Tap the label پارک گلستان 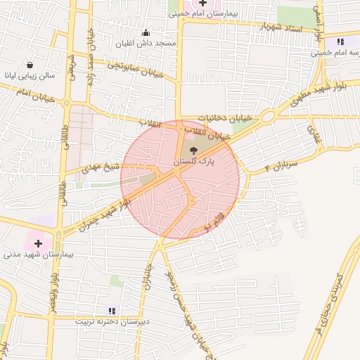[x=193, y=161]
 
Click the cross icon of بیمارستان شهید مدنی [x=38, y=243]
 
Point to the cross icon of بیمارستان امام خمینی [x=203, y=3]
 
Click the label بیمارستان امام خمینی [x=207, y=13]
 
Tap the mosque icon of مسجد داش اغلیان [x=146, y=32]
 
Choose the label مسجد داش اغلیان [x=146, y=43]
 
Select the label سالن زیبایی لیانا [x=29, y=74]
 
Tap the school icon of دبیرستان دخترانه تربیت [x=111, y=310]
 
